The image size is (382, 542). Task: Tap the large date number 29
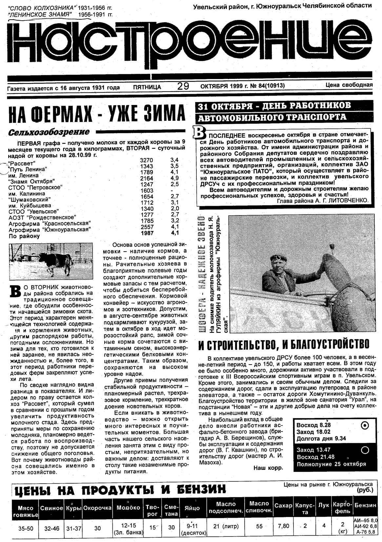(183, 86)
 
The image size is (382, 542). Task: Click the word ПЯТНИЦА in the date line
(147, 87)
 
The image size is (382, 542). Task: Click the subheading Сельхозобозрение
(49, 132)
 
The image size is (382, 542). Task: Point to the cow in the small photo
(59, 261)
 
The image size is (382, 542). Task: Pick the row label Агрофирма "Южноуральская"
(49, 230)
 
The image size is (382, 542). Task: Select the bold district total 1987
(147, 233)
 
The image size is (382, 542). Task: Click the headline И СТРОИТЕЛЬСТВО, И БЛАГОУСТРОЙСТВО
(284, 344)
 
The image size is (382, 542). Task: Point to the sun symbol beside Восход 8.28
(364, 426)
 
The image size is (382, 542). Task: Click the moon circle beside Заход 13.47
(365, 450)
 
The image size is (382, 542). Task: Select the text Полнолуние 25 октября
(331, 464)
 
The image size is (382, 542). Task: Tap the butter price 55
(259, 526)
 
